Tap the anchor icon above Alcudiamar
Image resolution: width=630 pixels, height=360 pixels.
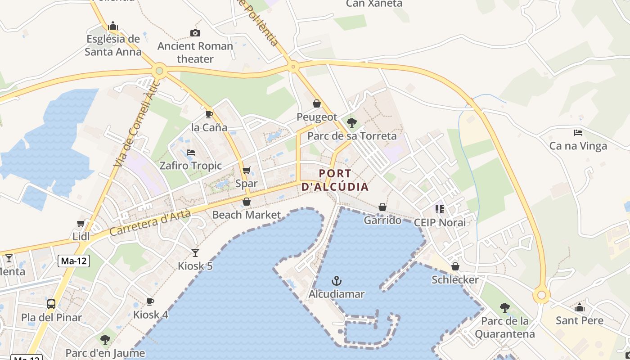[336, 282]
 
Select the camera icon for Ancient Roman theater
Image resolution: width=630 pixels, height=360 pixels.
[195, 33]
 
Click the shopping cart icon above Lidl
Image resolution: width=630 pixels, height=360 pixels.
[81, 224]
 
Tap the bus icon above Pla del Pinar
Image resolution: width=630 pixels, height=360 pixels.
[51, 304]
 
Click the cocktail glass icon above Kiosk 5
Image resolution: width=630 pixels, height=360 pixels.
[195, 253]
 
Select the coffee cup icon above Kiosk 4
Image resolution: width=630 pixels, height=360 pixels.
[150, 301]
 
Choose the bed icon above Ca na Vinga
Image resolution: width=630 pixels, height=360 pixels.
[578, 133]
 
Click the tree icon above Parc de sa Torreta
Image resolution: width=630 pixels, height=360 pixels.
[352, 122]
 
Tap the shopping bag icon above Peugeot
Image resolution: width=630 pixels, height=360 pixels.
[317, 104]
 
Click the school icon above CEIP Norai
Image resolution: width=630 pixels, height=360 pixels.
[440, 209]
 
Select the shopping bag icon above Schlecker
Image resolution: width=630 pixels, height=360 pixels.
[455, 266]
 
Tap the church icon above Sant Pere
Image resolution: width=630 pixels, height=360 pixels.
[580, 308]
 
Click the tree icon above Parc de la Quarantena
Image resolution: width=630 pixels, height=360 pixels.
[505, 308]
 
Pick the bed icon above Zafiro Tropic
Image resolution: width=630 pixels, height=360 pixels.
[191, 153]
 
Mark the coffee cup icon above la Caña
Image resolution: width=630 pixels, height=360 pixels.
[209, 114]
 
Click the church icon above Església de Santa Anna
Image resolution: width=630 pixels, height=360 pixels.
[113, 26]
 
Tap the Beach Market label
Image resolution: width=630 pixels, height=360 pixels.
[247, 215]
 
